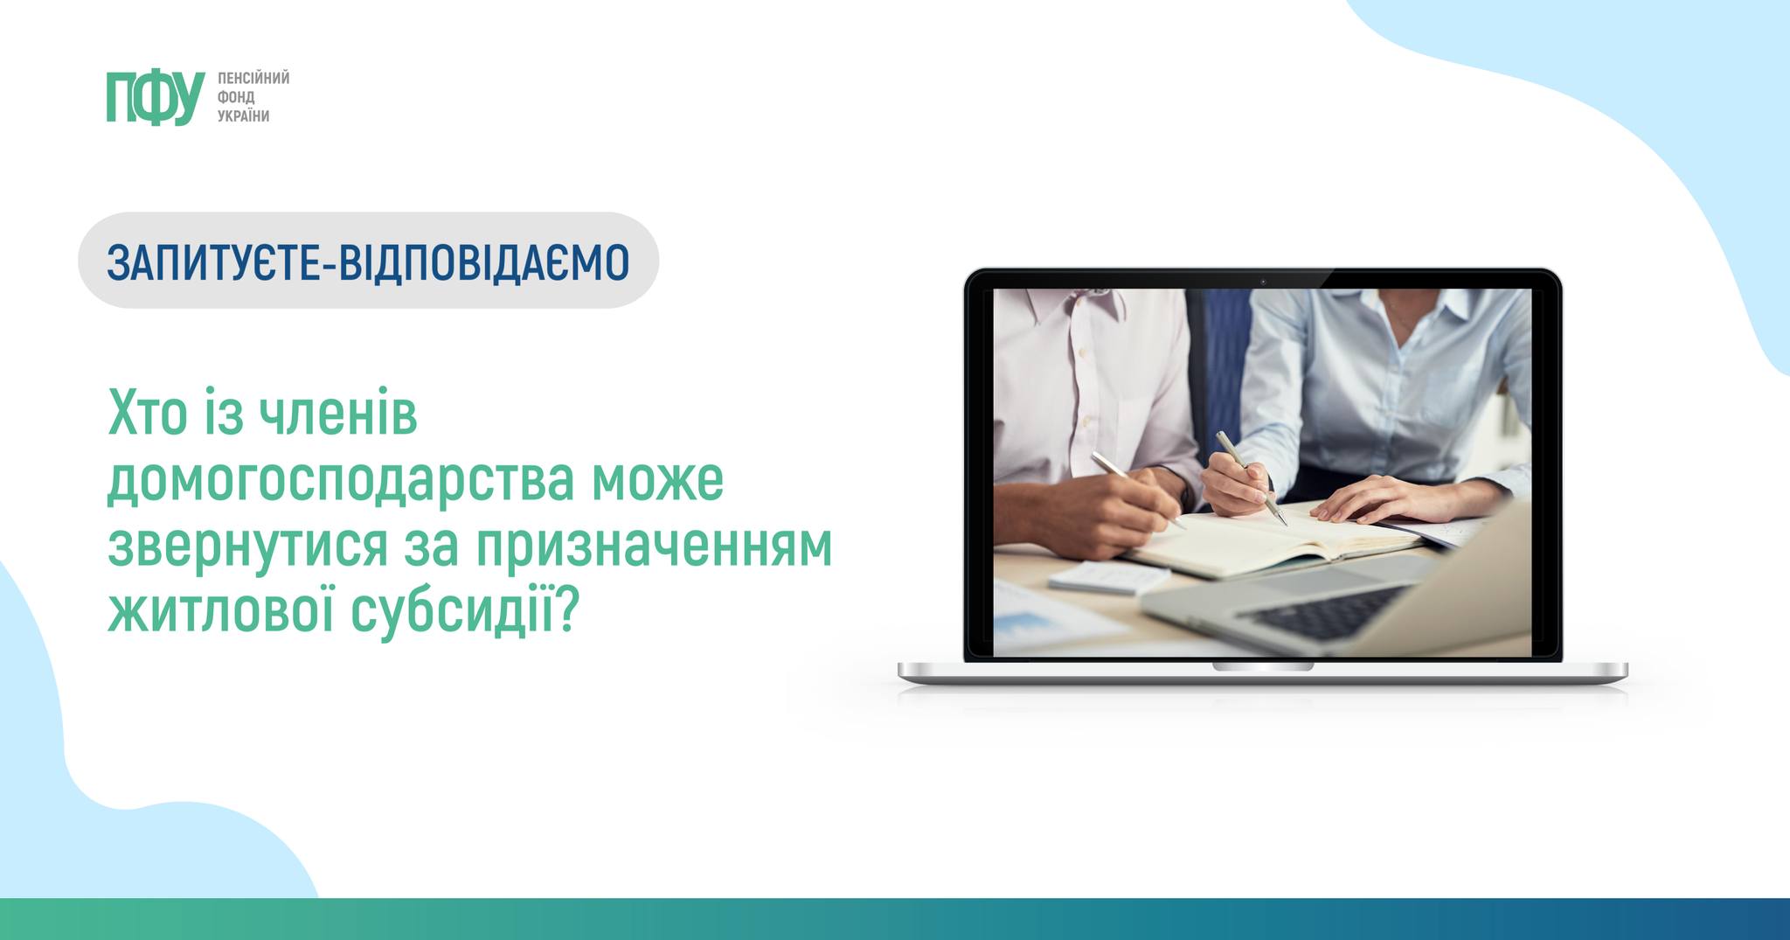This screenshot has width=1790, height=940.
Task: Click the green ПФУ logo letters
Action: [156, 98]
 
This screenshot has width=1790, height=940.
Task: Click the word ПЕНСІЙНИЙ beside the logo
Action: [253, 78]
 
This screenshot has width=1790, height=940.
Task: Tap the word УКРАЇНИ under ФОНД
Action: [244, 116]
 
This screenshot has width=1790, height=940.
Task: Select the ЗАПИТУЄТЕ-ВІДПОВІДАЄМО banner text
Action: [368, 261]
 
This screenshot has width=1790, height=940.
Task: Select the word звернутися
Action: [247, 547]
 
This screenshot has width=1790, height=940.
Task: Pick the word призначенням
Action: [656, 547]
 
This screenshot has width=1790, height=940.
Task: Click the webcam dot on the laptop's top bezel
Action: [1263, 281]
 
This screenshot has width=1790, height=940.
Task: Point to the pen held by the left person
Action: [1138, 490]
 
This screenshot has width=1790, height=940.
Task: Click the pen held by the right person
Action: [1251, 477]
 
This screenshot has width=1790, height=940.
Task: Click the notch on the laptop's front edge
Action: [1262, 666]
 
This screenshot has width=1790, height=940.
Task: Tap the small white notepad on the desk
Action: [1109, 576]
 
